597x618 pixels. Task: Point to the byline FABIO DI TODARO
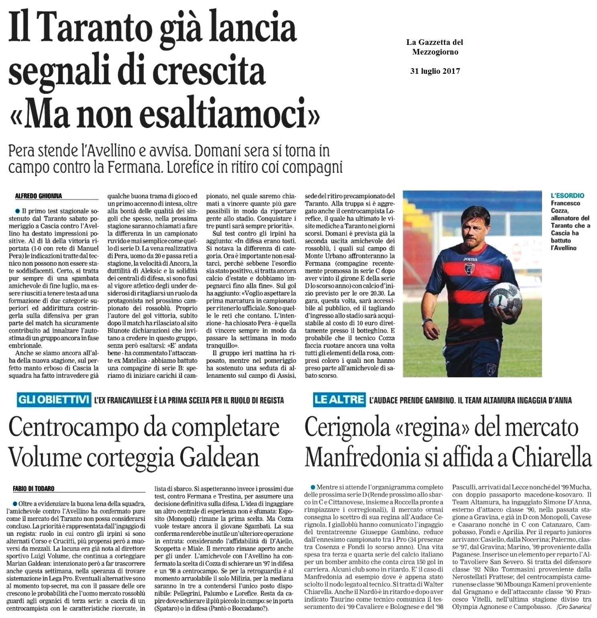(x=34, y=488)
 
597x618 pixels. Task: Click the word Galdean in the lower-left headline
(x=217, y=457)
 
